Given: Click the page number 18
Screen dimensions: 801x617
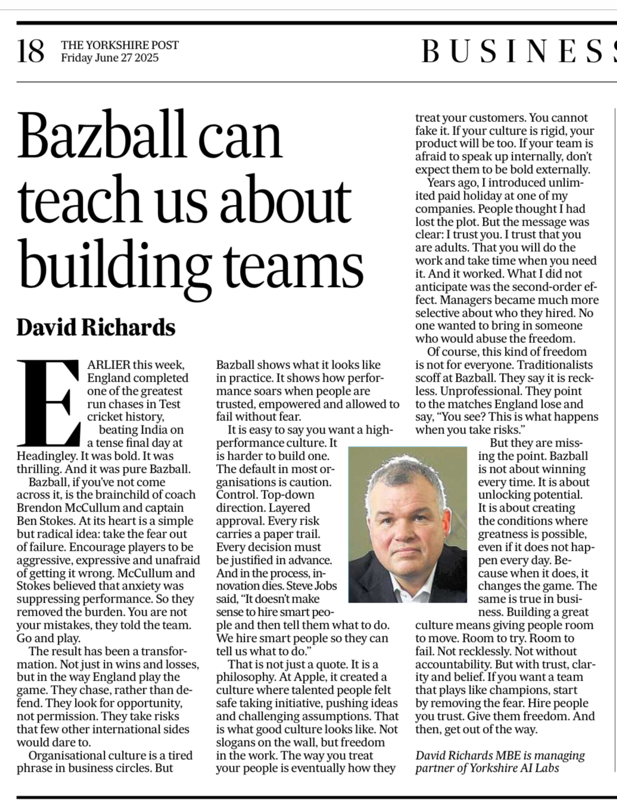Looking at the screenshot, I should pos(30,51).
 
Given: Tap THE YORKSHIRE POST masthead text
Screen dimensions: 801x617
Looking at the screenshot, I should pos(119,45).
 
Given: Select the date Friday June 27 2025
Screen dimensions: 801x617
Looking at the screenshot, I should pos(110,58).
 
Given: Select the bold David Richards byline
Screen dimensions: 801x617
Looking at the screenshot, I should pos(96,327).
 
